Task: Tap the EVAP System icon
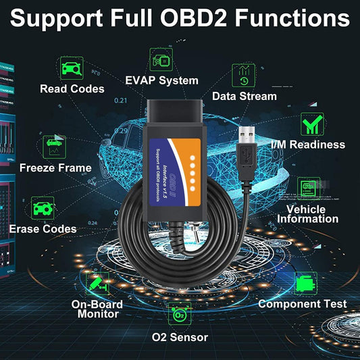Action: (160, 61)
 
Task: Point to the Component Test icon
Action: (306, 282)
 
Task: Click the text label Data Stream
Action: (244, 96)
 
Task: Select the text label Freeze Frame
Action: (55, 168)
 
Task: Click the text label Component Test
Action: (302, 304)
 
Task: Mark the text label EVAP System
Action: (161, 80)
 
